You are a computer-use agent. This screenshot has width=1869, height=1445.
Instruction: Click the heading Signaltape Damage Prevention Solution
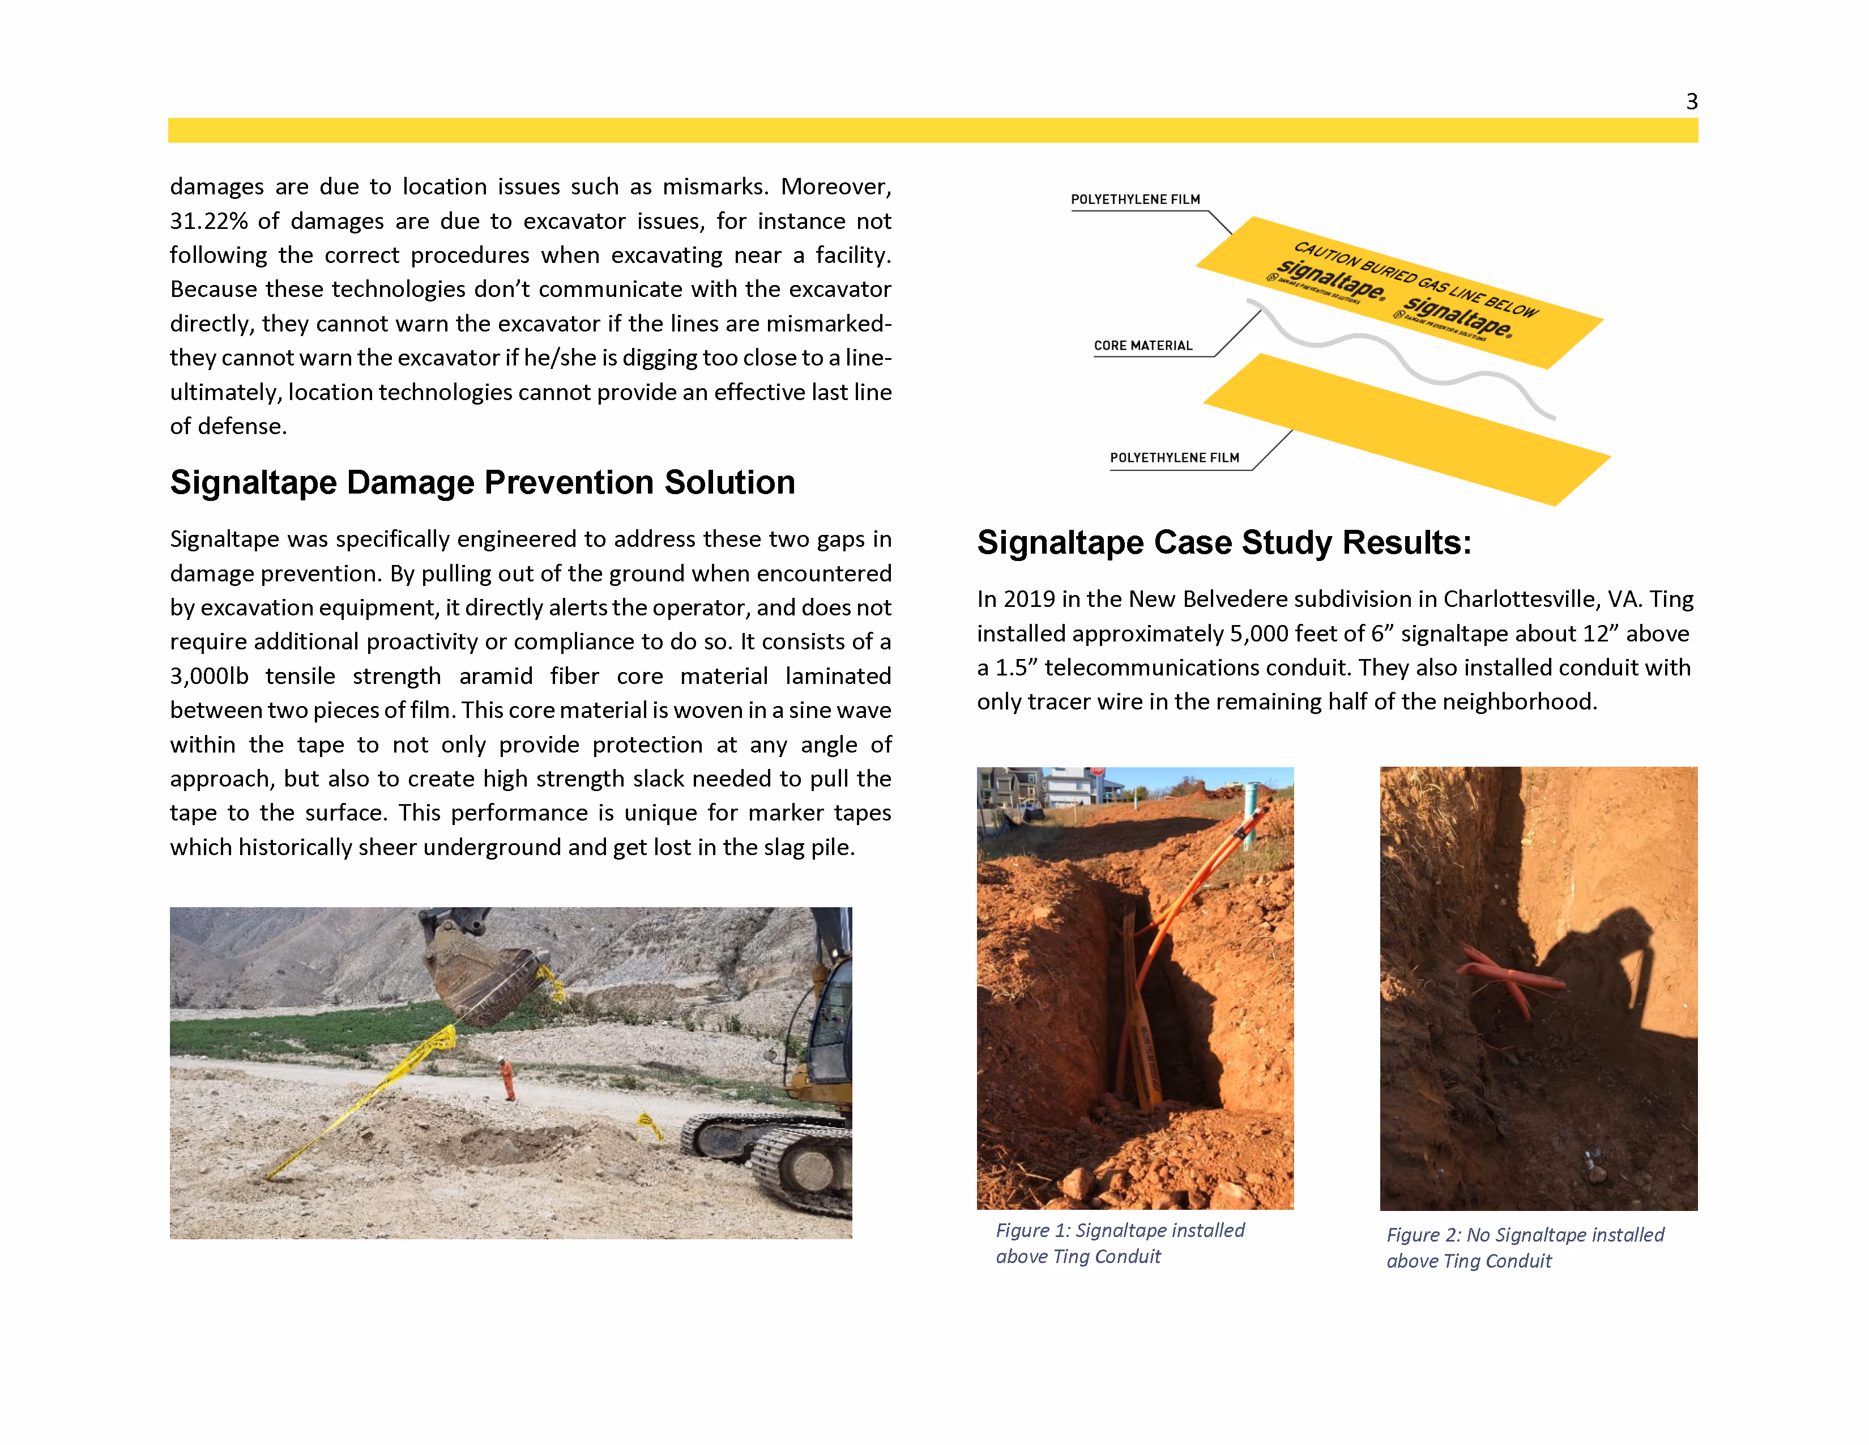[482, 483]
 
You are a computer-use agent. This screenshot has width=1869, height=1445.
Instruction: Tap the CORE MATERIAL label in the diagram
[1142, 346]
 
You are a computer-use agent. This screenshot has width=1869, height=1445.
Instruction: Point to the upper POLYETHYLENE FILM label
[1135, 199]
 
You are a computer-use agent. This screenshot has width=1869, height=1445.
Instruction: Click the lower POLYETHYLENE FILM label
[1174, 458]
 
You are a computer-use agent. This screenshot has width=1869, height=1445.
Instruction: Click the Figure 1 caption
[1119, 1243]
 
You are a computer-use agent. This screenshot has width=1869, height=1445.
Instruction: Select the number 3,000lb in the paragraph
[209, 676]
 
